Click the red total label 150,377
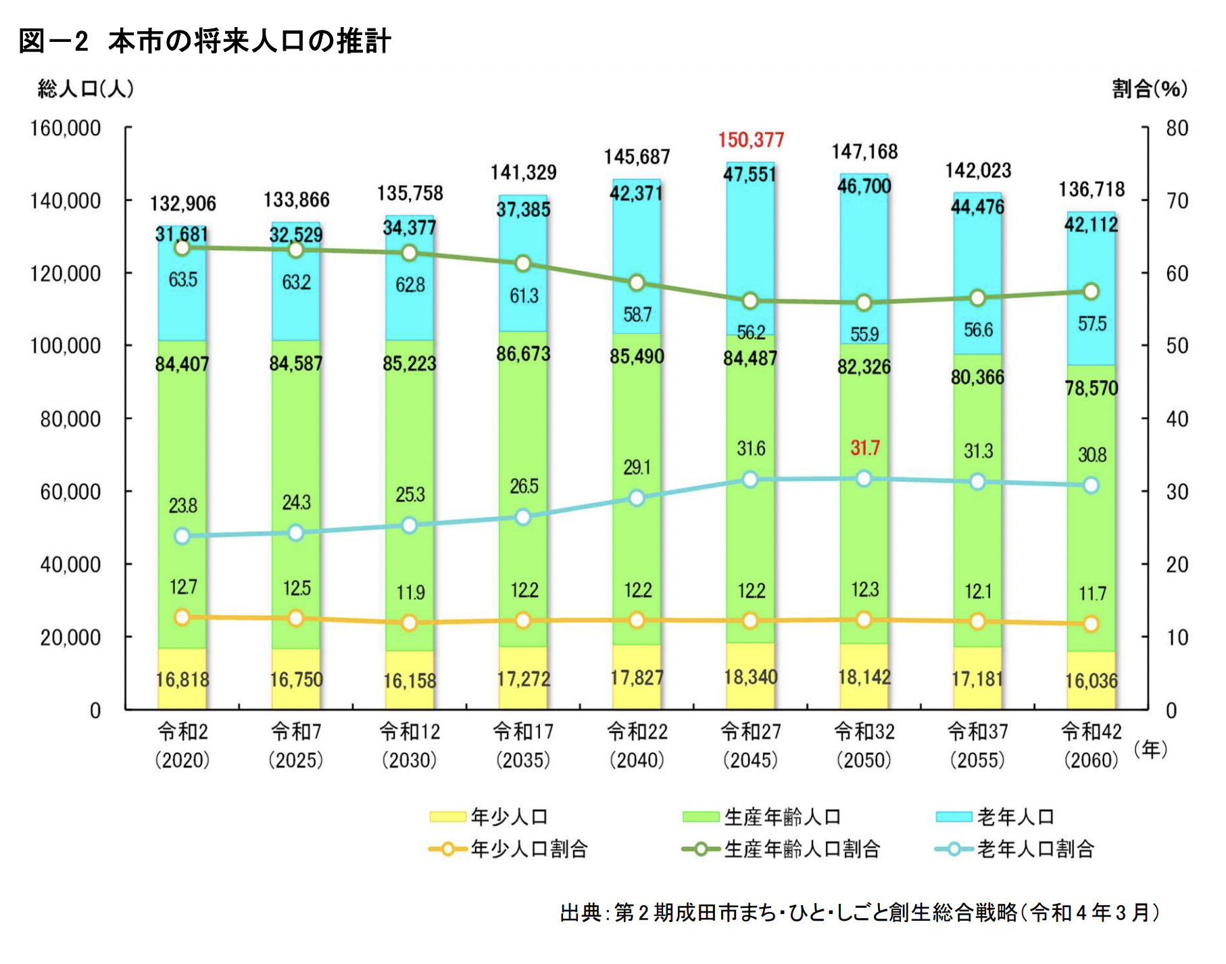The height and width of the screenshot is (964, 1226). point(750,140)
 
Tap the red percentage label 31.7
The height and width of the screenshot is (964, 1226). point(864,448)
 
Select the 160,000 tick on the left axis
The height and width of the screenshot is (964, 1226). point(65,128)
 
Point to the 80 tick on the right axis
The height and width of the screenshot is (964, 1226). point(1177,128)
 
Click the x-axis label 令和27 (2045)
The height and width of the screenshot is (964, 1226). point(750,746)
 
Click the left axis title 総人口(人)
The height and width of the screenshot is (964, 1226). point(86,89)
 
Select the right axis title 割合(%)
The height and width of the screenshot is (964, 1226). point(1149,89)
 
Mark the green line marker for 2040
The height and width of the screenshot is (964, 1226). point(637,283)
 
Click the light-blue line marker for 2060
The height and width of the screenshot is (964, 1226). point(1091,485)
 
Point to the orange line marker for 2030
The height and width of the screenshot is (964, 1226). point(410,623)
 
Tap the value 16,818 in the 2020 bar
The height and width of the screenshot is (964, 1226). point(182,679)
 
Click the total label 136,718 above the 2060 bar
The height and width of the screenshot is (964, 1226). point(1091,189)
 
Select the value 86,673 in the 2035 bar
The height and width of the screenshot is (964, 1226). point(523,354)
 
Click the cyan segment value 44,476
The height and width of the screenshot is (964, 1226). point(977,207)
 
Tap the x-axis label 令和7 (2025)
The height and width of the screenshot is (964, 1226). point(296,746)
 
